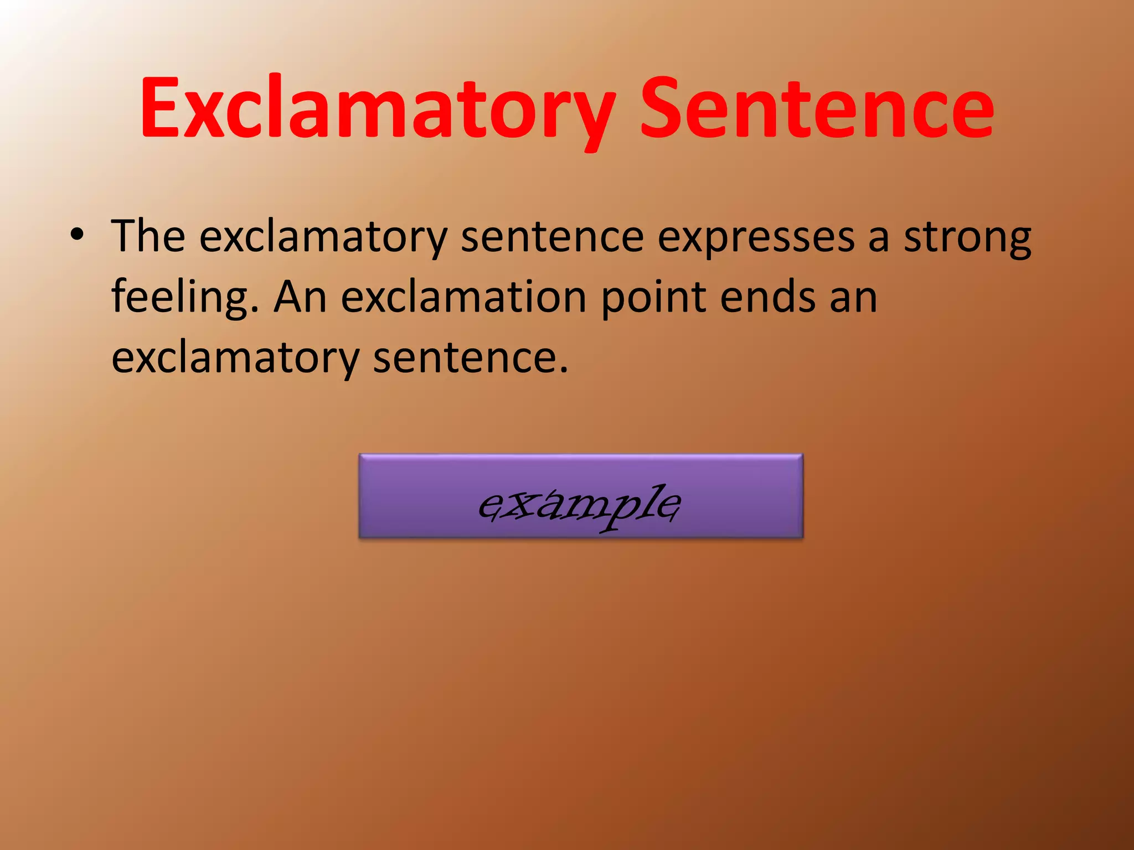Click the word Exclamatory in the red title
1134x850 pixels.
pos(377,108)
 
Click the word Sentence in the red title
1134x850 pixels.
pos(817,108)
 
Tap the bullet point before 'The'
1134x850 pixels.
pos(77,236)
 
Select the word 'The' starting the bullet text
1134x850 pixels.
pos(148,236)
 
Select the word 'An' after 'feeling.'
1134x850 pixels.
pos(300,298)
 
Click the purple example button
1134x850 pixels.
pos(580,496)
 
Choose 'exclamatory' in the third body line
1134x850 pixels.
pos(235,359)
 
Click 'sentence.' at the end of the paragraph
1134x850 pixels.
pos(470,359)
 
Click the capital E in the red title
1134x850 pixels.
pos(161,108)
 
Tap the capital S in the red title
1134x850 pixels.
pos(662,108)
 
